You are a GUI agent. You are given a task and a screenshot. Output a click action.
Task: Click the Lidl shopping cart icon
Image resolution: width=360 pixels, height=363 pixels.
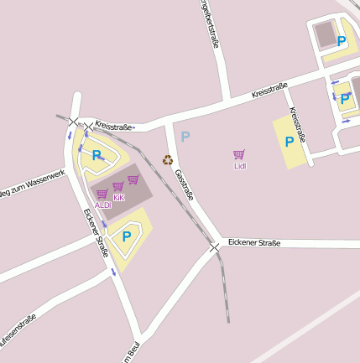[239, 154]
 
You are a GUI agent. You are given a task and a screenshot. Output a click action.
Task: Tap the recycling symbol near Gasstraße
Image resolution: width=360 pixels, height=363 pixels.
[168, 159]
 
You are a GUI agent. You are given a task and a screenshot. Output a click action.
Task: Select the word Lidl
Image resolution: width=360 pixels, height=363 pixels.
[239, 166]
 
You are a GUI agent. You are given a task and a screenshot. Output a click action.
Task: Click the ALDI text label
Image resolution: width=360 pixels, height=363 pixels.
[102, 205]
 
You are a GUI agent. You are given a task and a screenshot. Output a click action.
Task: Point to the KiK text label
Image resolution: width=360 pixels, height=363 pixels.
[118, 197]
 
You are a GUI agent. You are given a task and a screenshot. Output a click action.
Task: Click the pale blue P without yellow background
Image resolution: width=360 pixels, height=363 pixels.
[185, 136]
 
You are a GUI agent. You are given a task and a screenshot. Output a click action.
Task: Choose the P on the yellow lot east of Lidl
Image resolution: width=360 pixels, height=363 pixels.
[290, 142]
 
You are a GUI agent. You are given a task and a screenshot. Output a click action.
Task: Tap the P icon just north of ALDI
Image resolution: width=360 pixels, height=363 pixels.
[97, 155]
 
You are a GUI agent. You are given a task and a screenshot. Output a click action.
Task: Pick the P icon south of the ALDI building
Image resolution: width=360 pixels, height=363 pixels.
[127, 236]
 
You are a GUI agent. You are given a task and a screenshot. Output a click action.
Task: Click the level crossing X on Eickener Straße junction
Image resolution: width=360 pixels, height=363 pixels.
[215, 247]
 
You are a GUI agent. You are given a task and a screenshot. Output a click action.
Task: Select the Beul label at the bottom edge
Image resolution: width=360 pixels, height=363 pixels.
[130, 355]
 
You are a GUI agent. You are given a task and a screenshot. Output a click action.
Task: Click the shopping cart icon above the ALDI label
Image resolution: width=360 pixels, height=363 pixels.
[102, 194]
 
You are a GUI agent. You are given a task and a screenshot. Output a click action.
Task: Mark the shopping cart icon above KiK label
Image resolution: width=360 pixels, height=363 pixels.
[118, 186]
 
